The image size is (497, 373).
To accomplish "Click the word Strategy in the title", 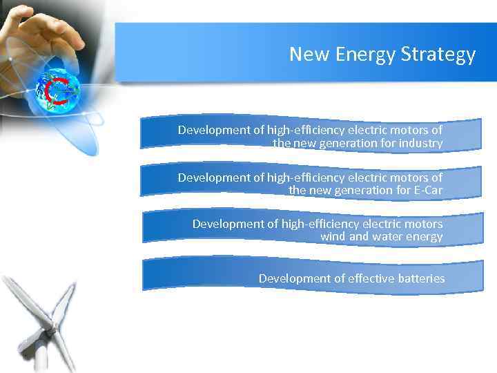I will point(438,55).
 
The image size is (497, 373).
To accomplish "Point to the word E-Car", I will point(426,190).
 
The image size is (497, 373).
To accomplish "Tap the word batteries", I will point(421,278).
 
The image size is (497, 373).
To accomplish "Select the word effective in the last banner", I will point(371,278).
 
